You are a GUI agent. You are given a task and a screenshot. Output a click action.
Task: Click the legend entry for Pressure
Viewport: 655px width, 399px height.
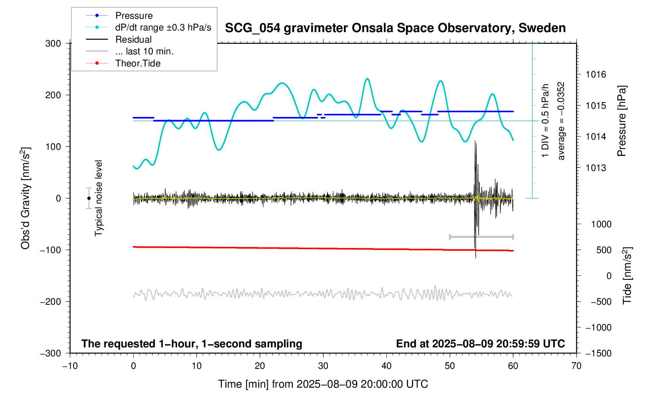(x=134, y=16)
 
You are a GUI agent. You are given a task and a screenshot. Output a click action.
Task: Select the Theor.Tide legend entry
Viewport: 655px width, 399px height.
(x=138, y=63)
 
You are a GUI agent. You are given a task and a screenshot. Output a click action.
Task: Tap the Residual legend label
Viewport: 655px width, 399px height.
(x=133, y=40)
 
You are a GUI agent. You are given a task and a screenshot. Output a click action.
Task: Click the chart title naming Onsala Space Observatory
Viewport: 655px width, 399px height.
(x=395, y=28)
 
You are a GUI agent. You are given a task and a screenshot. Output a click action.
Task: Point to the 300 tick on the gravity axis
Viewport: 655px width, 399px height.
(x=53, y=43)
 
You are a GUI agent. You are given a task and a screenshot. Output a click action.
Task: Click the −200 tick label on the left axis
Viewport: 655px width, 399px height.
(x=50, y=302)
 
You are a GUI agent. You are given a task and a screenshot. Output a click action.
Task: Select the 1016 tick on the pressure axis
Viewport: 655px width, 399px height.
(x=596, y=74)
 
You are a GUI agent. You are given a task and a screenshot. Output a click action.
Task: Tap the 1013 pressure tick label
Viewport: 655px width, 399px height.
(x=596, y=168)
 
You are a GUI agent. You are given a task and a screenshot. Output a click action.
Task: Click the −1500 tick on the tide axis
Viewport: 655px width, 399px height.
(x=598, y=353)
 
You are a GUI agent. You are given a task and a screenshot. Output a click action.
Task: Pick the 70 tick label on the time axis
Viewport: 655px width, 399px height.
(x=576, y=366)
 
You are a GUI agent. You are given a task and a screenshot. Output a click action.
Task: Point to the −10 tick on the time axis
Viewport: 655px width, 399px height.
(x=70, y=366)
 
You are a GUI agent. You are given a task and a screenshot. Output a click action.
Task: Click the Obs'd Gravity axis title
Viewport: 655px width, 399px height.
(x=25, y=198)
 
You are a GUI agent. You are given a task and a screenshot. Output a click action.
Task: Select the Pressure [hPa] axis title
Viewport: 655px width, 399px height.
(x=621, y=121)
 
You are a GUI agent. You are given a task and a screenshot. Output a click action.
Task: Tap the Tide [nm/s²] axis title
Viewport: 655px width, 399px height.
(x=627, y=276)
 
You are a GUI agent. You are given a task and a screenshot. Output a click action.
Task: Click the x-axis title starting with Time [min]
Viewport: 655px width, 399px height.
(x=323, y=384)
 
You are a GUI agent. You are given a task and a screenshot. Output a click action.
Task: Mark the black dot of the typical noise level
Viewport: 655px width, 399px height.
(x=89, y=198)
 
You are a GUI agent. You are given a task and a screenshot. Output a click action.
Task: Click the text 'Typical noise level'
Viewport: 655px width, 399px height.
(x=98, y=198)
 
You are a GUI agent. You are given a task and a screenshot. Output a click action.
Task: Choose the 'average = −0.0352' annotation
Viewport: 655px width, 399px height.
(x=561, y=121)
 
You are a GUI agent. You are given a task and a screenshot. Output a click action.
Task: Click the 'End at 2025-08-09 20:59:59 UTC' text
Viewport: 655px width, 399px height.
(x=480, y=344)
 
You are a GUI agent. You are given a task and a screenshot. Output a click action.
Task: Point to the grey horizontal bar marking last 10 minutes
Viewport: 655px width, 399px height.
(x=481, y=237)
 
